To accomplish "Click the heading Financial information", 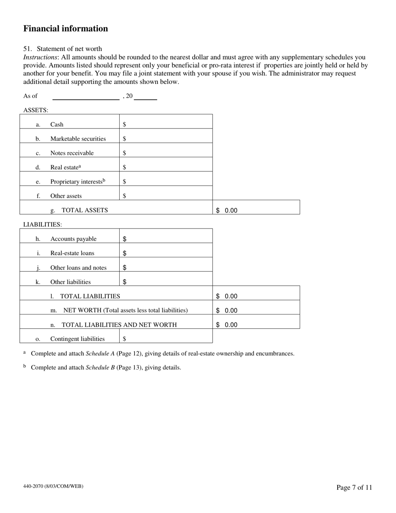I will [65, 29].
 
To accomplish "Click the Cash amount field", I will [167, 124].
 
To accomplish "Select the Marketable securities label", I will [78, 139].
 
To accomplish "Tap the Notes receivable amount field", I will [167, 153].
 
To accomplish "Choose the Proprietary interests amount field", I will [167, 181].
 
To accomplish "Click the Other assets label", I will [66, 196].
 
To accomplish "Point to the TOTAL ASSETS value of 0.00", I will [231, 211].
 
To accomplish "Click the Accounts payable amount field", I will [167, 239].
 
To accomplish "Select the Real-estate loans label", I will [72, 253].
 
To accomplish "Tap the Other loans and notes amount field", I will [167, 268].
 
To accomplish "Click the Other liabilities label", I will [70, 282].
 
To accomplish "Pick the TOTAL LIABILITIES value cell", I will [256, 296].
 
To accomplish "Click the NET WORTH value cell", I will [256, 311].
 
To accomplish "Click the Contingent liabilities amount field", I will [167, 339].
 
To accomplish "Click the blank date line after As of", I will [86, 96].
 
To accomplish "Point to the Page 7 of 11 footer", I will [354, 488].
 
